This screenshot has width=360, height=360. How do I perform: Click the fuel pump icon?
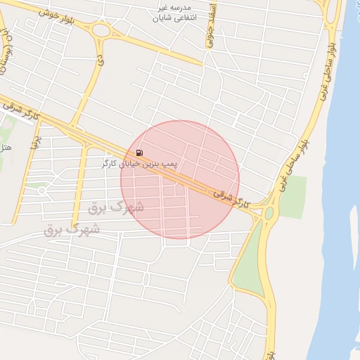(139, 153)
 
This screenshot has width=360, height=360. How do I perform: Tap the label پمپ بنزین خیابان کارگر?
(139, 163)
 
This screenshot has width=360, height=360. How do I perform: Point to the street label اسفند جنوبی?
(210, 30)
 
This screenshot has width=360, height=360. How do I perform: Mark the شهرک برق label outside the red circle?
(72, 229)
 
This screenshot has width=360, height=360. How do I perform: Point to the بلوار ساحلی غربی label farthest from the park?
(326, 67)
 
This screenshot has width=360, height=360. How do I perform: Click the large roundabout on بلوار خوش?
(101, 30)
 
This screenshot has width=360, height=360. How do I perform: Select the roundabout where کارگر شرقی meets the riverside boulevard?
(267, 213)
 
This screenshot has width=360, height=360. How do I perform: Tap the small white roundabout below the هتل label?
(42, 191)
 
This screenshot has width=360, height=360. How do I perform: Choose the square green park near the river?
(294, 188)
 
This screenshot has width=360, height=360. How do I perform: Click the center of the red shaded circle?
(179, 180)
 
